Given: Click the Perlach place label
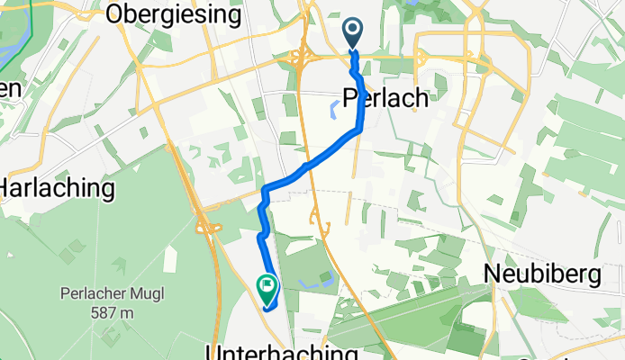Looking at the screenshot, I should click(x=385, y=98).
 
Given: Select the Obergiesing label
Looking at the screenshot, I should click(x=173, y=14).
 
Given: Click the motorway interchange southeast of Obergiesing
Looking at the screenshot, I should click(x=301, y=60).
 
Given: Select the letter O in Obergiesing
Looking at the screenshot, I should click(x=115, y=14).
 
